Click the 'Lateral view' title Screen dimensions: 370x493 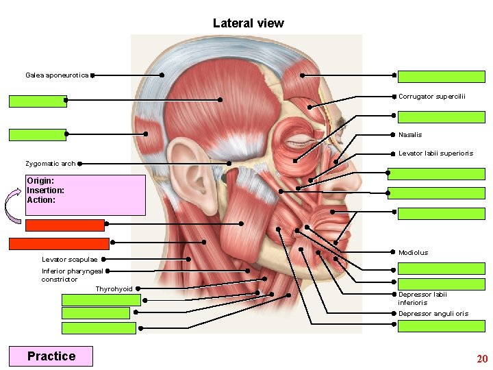(x=248, y=23)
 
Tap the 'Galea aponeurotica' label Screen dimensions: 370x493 (x=57, y=75)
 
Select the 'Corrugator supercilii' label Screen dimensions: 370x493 (x=431, y=97)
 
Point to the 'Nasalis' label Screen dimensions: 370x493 (x=410, y=135)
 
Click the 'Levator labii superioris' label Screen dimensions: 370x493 (x=435, y=153)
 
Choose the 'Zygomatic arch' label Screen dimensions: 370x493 (x=50, y=164)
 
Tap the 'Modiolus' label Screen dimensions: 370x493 (x=413, y=253)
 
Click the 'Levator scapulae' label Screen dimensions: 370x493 (x=69, y=260)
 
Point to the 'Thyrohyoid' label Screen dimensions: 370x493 (x=114, y=289)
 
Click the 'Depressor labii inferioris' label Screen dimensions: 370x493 (x=422, y=298)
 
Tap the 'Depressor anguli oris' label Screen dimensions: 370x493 (x=433, y=314)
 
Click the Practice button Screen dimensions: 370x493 (x=51, y=356)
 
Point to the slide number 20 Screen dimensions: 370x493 (x=482, y=359)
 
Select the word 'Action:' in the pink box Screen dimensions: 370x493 (x=41, y=200)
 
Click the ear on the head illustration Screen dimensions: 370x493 (x=186, y=171)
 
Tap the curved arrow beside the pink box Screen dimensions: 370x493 (x=14, y=206)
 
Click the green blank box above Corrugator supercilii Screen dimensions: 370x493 (x=441, y=77)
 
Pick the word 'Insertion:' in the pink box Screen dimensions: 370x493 (x=46, y=190)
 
